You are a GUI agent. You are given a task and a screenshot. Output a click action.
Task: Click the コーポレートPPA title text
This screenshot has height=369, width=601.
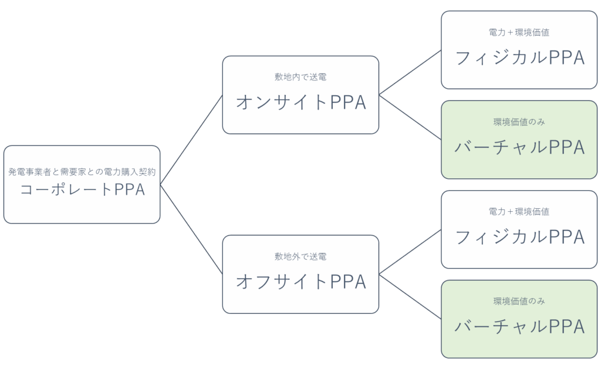click(x=82, y=191)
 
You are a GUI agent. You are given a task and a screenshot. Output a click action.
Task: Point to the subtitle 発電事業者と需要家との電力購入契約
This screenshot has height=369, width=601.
click(x=82, y=172)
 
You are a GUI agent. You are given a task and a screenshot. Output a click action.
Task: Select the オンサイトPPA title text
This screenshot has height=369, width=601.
click(x=300, y=102)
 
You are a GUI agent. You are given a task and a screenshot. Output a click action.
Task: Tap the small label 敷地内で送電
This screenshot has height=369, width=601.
click(x=300, y=77)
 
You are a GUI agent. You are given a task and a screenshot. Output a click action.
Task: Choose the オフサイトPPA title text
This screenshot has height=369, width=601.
click(x=300, y=282)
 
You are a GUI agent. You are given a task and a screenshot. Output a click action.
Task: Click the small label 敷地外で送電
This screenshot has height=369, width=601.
click(x=300, y=257)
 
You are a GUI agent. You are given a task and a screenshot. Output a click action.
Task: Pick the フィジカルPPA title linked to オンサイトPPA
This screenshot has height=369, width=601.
click(x=519, y=57)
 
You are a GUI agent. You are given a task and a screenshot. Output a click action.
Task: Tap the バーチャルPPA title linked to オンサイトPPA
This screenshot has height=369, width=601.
click(x=519, y=148)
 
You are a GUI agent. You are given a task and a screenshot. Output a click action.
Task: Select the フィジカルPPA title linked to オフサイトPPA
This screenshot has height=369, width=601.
click(x=519, y=237)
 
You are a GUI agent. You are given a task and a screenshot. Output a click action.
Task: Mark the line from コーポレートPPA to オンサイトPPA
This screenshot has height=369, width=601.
click(x=191, y=140)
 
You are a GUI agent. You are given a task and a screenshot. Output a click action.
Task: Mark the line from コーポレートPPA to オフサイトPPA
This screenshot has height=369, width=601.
click(x=191, y=229)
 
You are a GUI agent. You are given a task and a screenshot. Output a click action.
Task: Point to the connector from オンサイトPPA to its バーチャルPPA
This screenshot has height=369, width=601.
click(x=410, y=117)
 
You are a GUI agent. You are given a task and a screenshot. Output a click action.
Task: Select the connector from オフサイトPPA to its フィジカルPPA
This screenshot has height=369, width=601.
click(x=410, y=251)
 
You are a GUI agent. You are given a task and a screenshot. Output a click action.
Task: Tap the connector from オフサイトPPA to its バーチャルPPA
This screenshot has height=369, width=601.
click(x=410, y=296)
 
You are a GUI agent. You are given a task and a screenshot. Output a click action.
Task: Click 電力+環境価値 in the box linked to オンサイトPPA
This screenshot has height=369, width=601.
click(x=519, y=33)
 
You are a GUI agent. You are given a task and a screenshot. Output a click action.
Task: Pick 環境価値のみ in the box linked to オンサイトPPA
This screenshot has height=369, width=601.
click(x=519, y=123)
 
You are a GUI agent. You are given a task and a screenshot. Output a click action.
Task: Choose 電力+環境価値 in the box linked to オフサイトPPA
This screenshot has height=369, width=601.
click(x=519, y=212)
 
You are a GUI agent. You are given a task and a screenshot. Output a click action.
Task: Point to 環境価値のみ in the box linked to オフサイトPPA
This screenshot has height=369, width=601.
click(x=519, y=302)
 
